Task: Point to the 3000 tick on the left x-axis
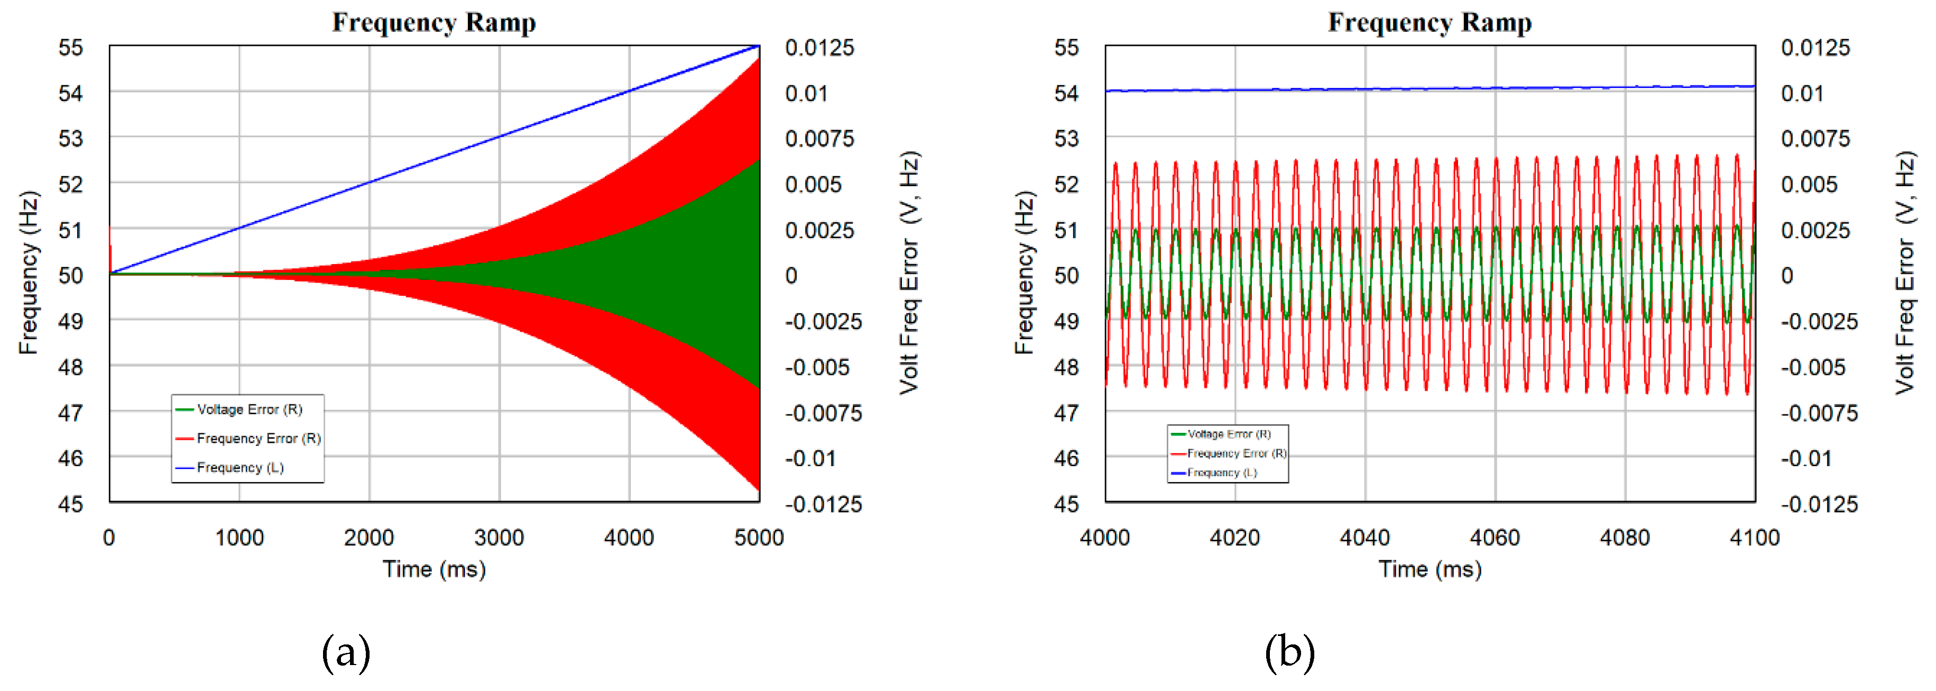[x=499, y=538]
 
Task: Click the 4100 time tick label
[x=1754, y=538]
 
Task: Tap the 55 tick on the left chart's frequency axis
[x=71, y=48]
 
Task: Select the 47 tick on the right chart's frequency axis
[x=1066, y=413]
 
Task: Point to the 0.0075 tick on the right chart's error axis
[x=1815, y=139]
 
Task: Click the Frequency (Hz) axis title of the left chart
[x=28, y=273]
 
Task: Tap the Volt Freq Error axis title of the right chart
[x=1904, y=273]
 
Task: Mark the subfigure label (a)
[x=346, y=653]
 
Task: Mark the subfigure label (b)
[x=1289, y=653]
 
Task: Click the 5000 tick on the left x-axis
[x=758, y=538]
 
